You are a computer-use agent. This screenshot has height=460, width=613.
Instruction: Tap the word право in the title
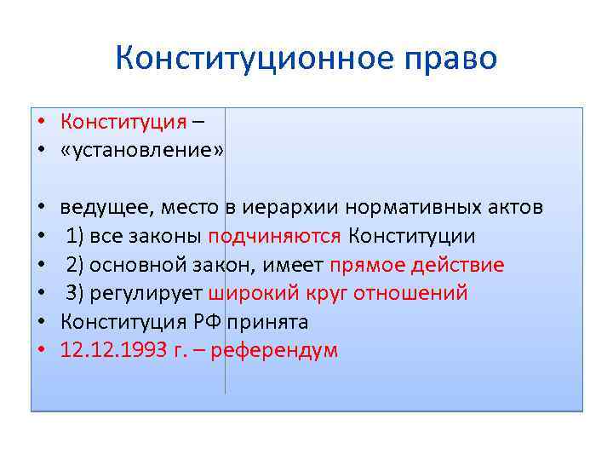(449, 59)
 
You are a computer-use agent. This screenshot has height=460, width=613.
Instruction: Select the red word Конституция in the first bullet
(123, 121)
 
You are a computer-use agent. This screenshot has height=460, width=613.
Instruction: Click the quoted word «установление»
(142, 150)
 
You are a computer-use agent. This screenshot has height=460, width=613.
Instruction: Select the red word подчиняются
(274, 236)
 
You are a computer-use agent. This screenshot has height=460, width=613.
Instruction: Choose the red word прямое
(365, 265)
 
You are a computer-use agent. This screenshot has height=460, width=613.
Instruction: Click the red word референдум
(279, 351)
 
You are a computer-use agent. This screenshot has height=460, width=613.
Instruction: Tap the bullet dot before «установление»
(41, 151)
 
